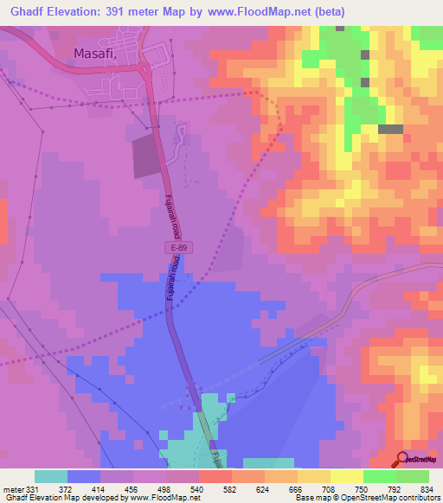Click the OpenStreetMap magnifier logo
point(401,459)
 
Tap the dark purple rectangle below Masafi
point(147,157)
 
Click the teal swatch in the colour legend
point(51,476)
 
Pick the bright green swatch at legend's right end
point(413,476)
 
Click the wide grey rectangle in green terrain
point(390,129)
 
